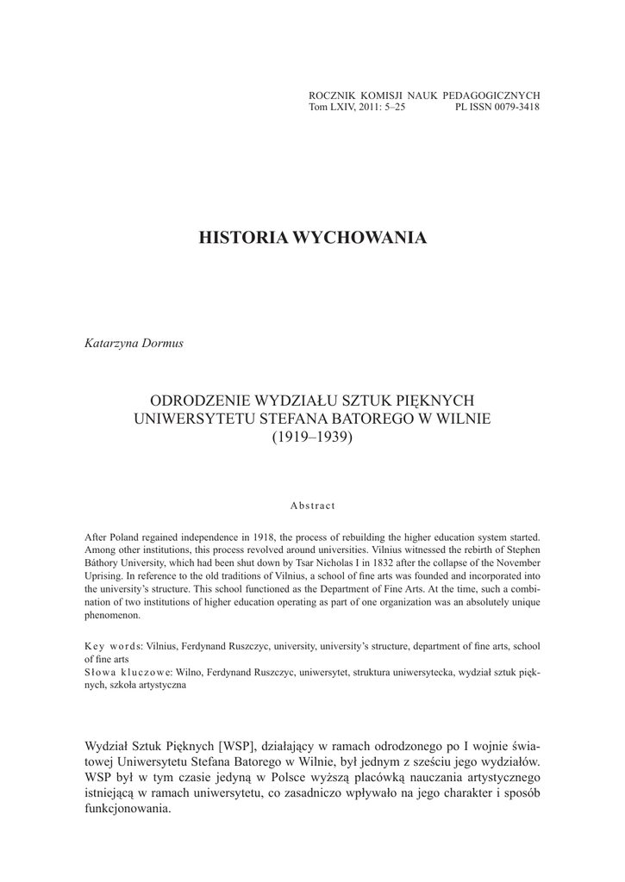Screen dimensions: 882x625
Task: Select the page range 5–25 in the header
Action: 391,107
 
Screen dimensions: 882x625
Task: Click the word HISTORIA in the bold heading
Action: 243,238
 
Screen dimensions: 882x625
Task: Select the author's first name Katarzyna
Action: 109,343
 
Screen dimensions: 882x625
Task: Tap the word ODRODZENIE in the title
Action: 200,401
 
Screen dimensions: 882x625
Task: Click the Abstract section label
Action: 312,505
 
